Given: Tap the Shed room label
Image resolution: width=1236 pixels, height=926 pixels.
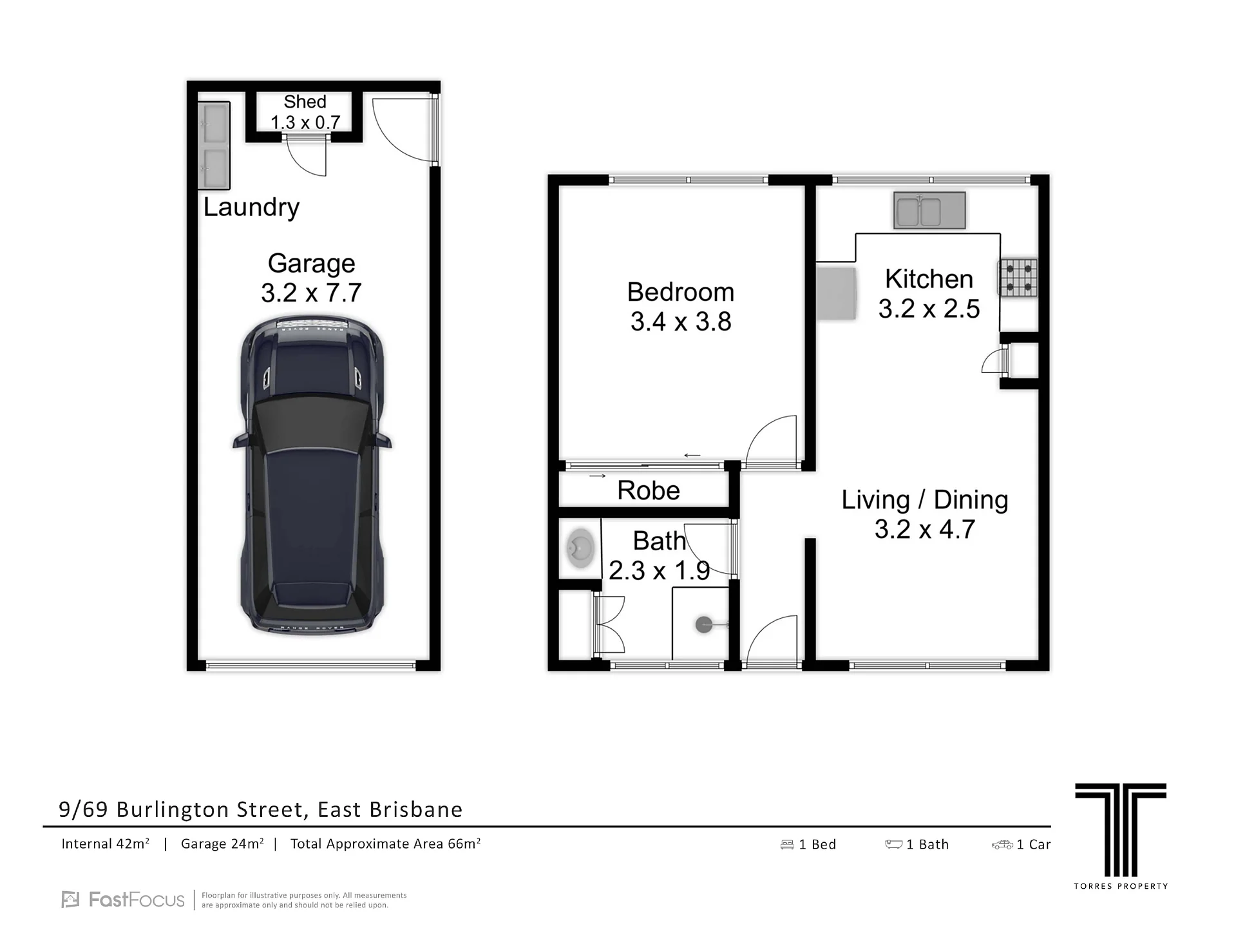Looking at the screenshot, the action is click(305, 102).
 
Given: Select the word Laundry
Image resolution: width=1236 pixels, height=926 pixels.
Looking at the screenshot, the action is click(252, 207).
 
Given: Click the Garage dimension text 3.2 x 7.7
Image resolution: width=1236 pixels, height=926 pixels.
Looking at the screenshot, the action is click(311, 293).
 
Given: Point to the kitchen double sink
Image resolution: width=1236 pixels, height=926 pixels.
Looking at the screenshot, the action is click(929, 210).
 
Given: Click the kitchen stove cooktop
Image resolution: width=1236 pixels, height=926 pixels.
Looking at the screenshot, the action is click(1018, 278).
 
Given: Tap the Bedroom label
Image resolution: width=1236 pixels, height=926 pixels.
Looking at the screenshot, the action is click(681, 292).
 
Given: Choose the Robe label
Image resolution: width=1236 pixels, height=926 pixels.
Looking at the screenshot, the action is click(649, 490).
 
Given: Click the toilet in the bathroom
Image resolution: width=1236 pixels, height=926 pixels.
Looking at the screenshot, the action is click(580, 548).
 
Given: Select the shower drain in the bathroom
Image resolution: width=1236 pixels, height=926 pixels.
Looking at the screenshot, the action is click(703, 624).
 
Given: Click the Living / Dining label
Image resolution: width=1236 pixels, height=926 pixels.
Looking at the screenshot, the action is click(925, 499).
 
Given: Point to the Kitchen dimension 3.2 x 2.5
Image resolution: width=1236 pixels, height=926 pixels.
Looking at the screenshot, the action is click(929, 309).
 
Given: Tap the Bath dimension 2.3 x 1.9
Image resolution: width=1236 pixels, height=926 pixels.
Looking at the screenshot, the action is click(659, 570).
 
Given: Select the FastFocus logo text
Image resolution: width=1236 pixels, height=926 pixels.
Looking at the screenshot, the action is click(137, 900).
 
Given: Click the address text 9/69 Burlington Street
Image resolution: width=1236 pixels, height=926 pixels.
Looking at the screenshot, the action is click(182, 809).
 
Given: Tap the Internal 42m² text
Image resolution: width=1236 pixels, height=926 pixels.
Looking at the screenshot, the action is click(106, 844).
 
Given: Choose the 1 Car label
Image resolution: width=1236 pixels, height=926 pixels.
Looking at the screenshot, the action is click(1033, 844).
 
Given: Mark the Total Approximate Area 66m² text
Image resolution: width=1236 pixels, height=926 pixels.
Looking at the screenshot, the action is click(386, 844).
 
